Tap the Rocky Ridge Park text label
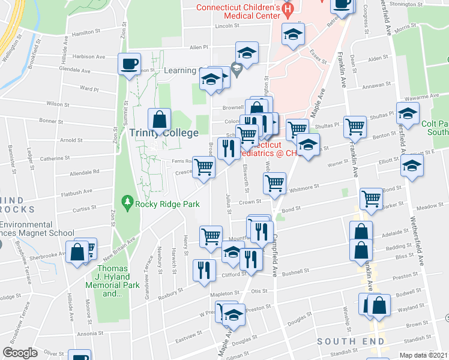click(x=167, y=204)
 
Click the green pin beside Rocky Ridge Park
click(x=127, y=203)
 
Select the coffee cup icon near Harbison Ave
click(x=130, y=64)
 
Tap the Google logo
click(x=20, y=353)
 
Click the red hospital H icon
click(x=287, y=9)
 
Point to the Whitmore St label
click(x=304, y=188)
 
